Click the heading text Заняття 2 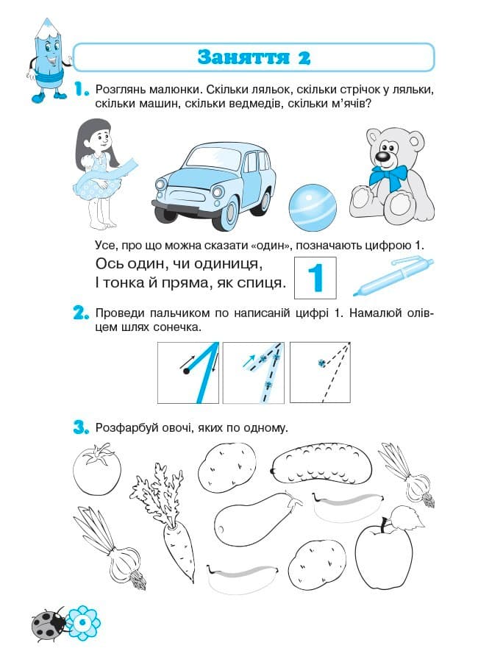click(254, 57)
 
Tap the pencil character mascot click(49, 62)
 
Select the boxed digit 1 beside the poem click(315, 277)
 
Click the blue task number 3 click(82, 426)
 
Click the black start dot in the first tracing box click(186, 371)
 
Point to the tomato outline click(97, 469)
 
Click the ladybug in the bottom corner click(48, 625)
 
